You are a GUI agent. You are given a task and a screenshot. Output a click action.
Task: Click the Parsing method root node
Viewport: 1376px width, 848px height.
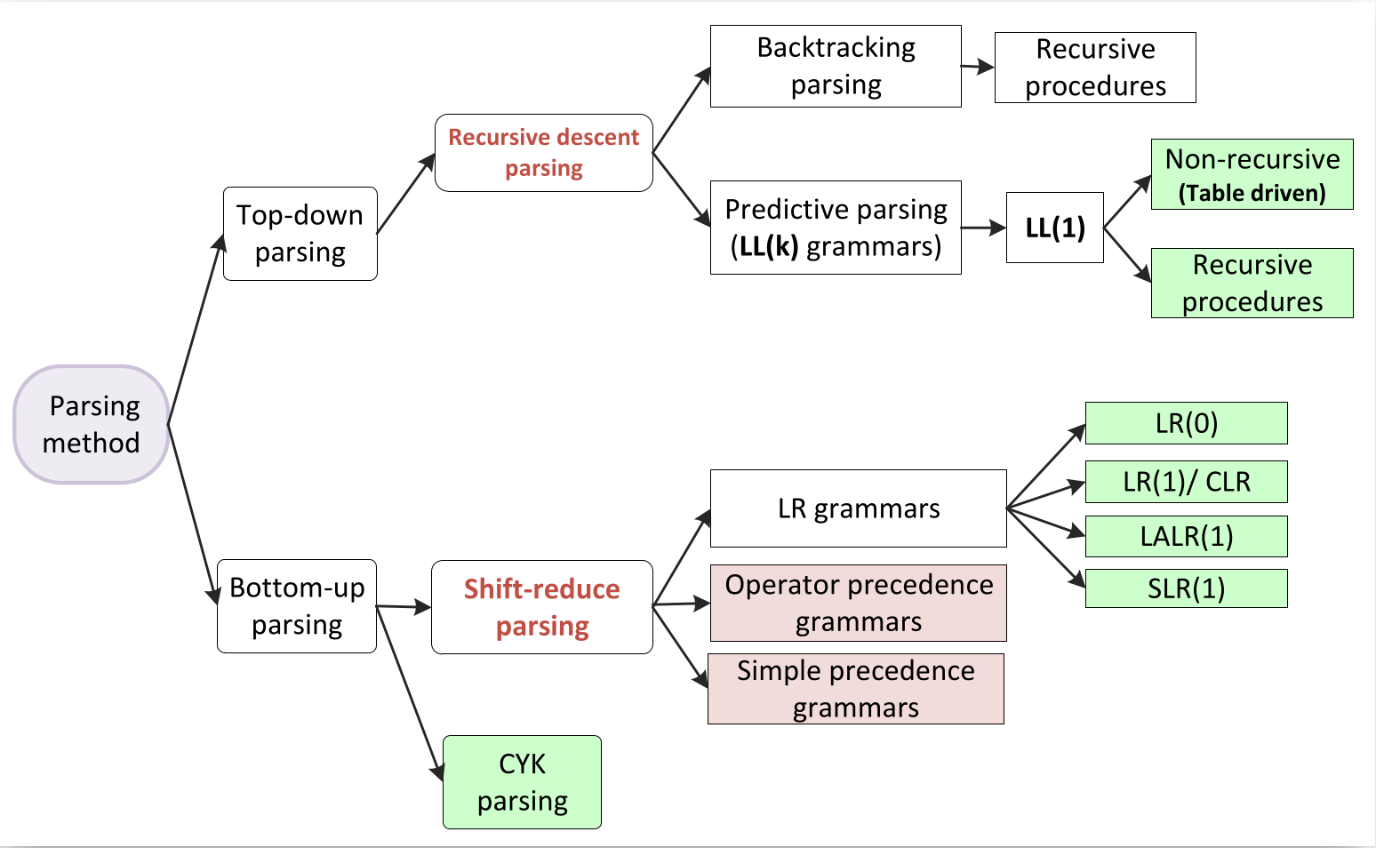tap(92, 425)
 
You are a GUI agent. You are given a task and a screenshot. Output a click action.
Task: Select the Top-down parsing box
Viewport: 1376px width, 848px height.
tap(300, 234)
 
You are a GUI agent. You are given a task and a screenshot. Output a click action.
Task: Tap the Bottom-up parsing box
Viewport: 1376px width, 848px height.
tap(297, 606)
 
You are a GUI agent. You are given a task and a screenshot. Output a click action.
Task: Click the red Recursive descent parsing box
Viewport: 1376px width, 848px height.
tap(544, 153)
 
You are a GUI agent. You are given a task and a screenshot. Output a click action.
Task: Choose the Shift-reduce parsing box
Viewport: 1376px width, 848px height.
tap(542, 607)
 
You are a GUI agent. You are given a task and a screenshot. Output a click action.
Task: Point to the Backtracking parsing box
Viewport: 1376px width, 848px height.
tap(836, 67)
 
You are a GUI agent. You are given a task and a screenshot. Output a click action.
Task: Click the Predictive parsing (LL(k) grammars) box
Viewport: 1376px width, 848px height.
tap(836, 228)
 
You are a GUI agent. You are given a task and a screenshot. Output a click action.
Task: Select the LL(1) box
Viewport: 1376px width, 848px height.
tap(1055, 228)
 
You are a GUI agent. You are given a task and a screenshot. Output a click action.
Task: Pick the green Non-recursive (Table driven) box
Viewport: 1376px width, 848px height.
tap(1252, 174)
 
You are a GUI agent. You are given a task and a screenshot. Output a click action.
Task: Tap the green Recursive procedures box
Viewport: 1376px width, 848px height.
tap(1252, 283)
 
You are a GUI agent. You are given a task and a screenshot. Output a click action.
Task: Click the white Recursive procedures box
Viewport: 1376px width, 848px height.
tap(1095, 68)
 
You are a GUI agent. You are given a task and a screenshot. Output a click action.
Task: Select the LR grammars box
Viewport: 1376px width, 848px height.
tap(859, 508)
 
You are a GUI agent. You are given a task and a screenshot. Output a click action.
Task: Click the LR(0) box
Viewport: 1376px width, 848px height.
tap(1186, 423)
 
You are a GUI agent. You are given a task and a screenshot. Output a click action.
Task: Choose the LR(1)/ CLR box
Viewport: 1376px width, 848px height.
tap(1186, 482)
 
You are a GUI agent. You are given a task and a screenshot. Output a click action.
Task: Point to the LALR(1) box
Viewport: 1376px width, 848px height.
tap(1186, 536)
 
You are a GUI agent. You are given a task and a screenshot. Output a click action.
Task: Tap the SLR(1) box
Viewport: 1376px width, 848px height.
tap(1186, 588)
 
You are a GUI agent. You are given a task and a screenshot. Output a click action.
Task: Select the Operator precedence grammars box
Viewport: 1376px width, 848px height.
tap(859, 603)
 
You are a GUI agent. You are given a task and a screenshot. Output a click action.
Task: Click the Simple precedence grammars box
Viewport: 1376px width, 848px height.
tap(856, 689)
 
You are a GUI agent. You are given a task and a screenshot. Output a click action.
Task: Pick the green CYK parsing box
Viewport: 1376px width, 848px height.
tap(523, 782)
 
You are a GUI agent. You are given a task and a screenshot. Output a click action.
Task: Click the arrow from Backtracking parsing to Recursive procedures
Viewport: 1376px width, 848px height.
tap(978, 67)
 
